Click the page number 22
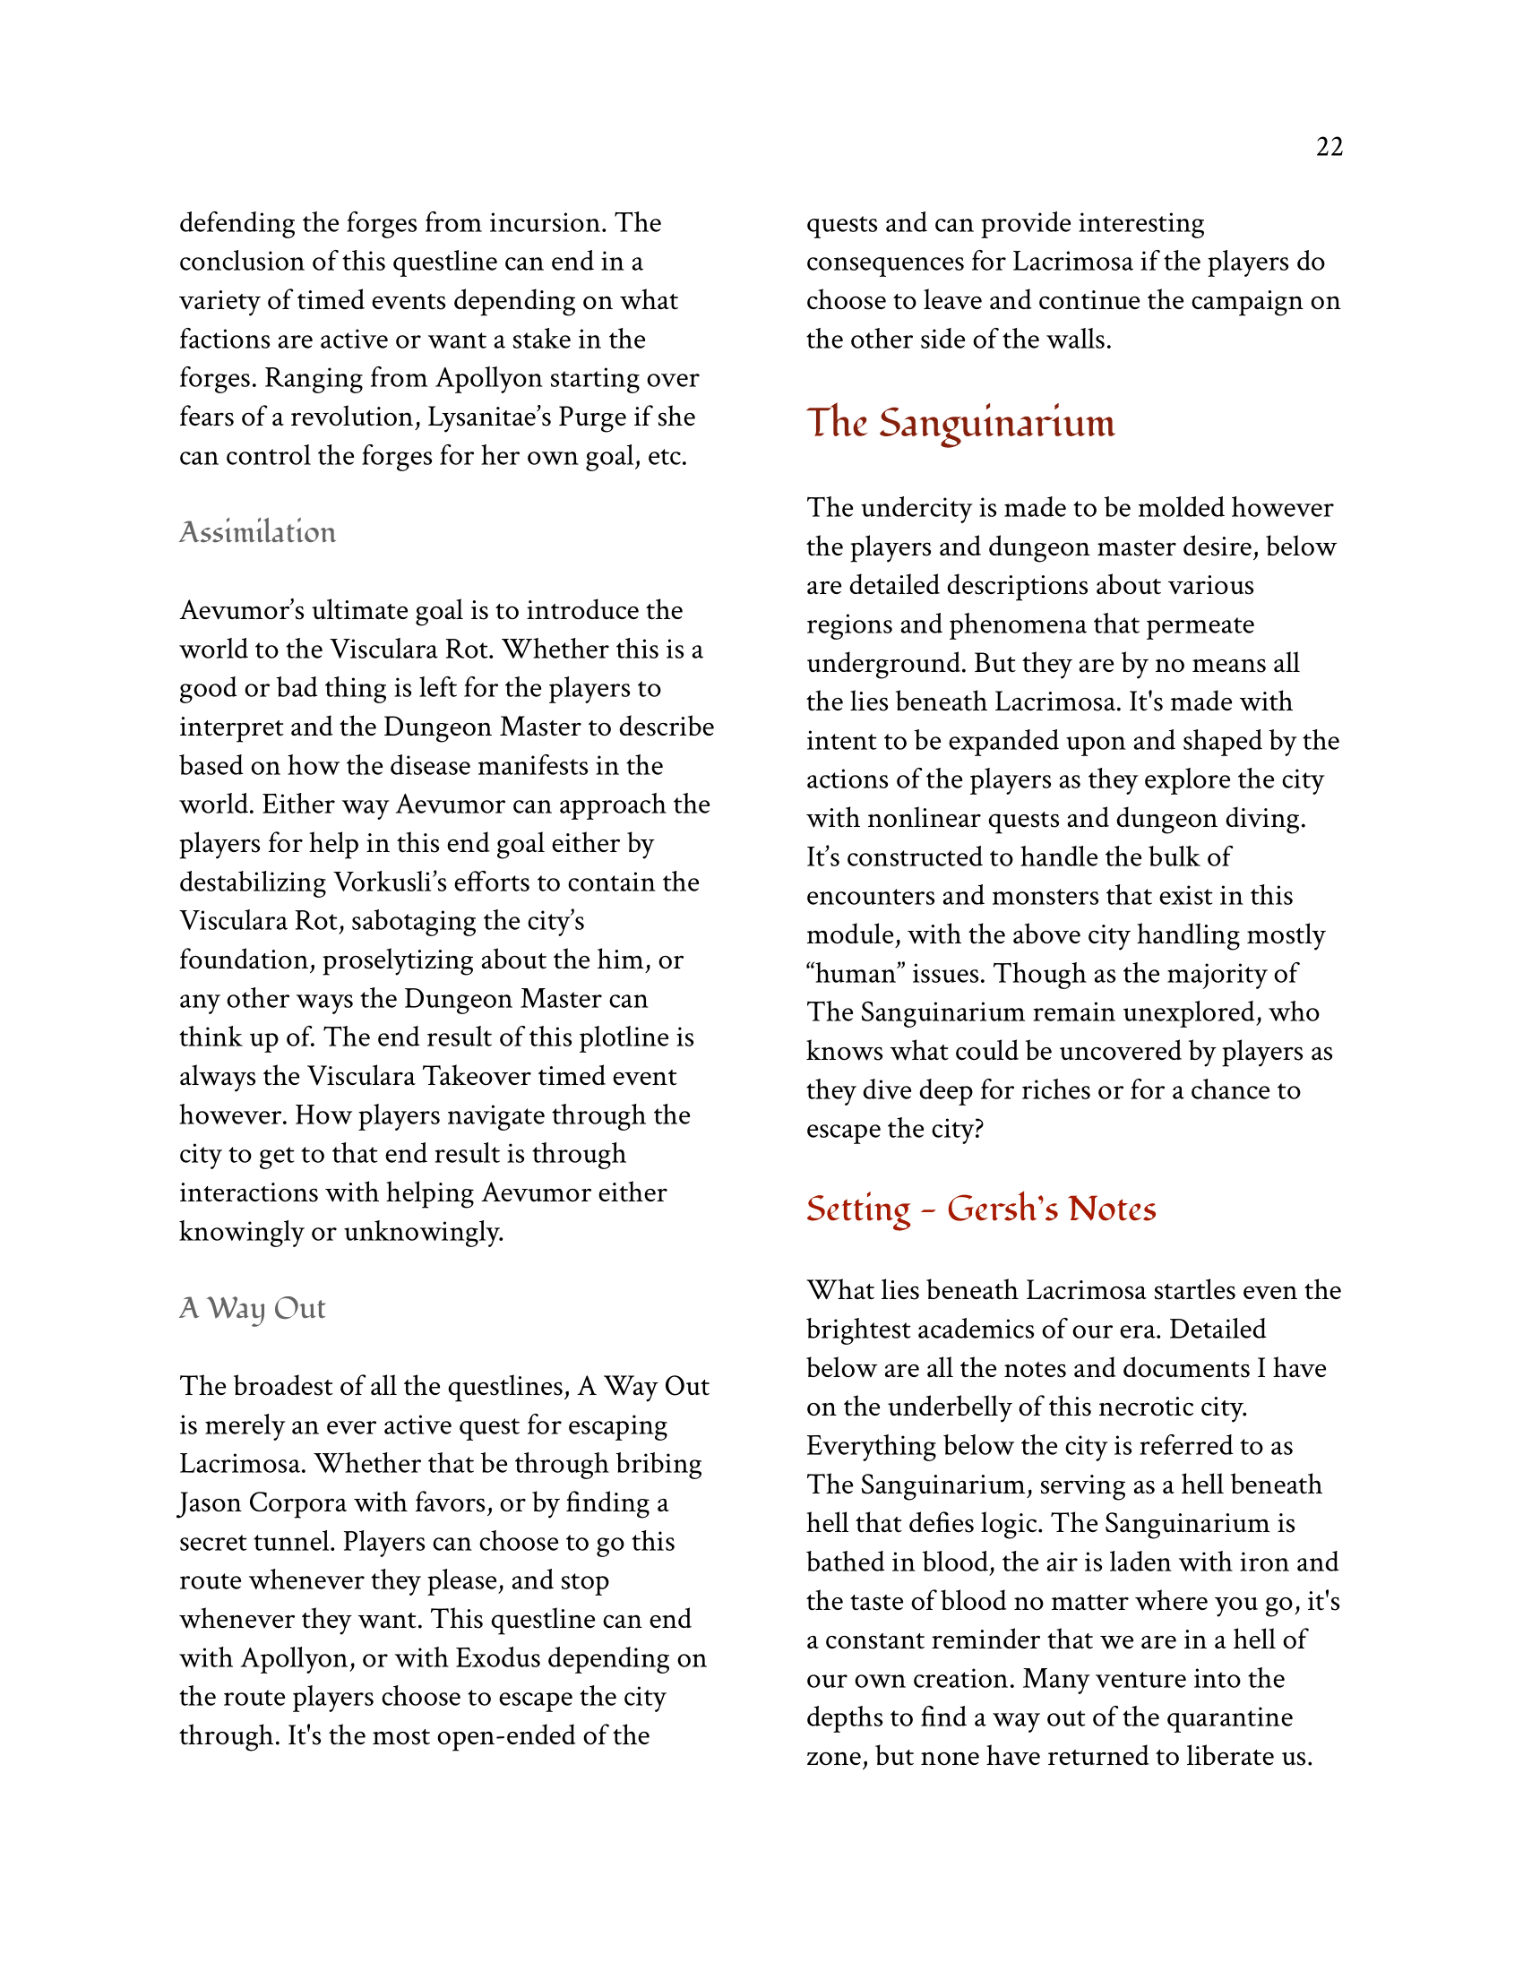(1329, 147)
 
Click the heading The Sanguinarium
(960, 423)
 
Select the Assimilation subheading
(257, 532)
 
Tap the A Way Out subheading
(252, 1308)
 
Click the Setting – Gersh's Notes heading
(981, 1209)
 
